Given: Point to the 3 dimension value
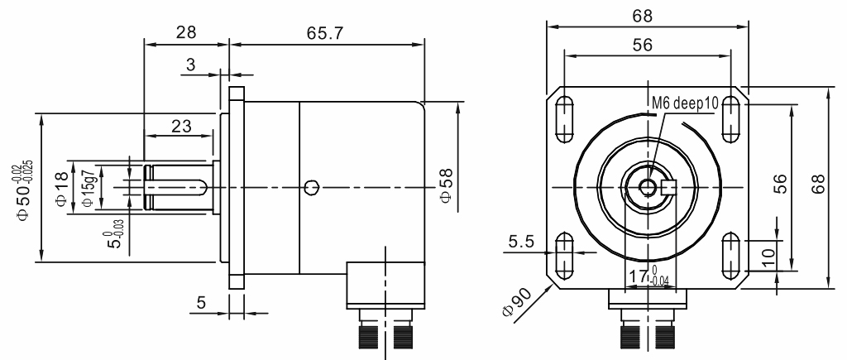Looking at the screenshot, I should [191, 65].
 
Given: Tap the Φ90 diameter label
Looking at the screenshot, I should [513, 306].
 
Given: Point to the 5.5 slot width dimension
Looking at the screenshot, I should [521, 242].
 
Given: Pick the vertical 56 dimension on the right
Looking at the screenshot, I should [778, 188].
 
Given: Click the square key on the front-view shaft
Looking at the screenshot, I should [670, 188].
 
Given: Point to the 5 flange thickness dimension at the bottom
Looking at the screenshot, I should [199, 303].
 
